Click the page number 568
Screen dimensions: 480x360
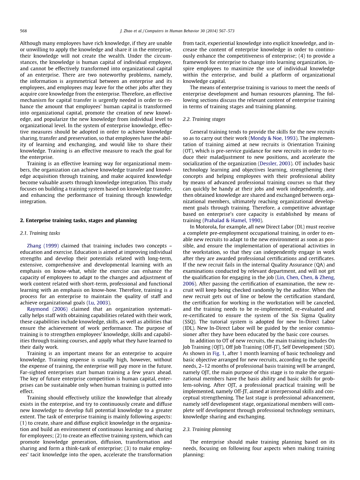coord(23,31)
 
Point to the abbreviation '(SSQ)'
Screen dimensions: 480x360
coord(190,322)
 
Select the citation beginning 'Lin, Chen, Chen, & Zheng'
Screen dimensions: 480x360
coord(305,277)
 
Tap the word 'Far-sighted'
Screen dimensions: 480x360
coord(32,372)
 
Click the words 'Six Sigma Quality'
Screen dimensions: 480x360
coord(310,315)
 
